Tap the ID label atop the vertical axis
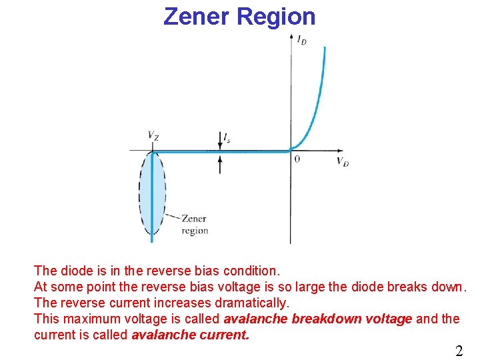coord(302,40)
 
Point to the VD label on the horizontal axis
coord(342,162)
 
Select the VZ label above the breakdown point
coord(153,135)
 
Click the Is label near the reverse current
coord(227,137)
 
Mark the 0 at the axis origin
coord(297,160)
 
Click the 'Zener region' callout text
coord(194,225)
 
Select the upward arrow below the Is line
coord(220,163)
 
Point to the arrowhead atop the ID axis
coord(291,36)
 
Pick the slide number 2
coord(459,351)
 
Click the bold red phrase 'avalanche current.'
coord(191,335)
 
